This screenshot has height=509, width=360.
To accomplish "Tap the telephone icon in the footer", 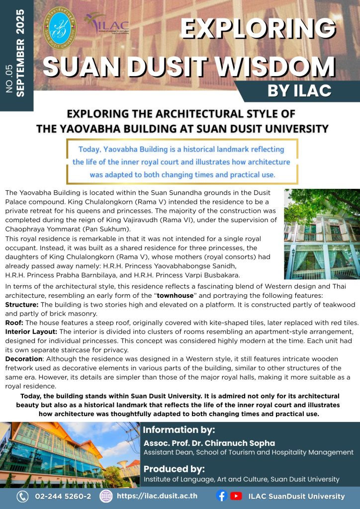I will (22, 496).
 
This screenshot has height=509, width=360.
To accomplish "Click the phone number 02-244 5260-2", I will (63, 496).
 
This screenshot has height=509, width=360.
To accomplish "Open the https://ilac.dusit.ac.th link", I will (157, 496).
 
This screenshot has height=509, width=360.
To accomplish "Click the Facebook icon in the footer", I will (222, 496).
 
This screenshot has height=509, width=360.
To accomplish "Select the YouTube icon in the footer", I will (236, 496).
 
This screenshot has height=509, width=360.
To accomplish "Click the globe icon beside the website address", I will (105, 496).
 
